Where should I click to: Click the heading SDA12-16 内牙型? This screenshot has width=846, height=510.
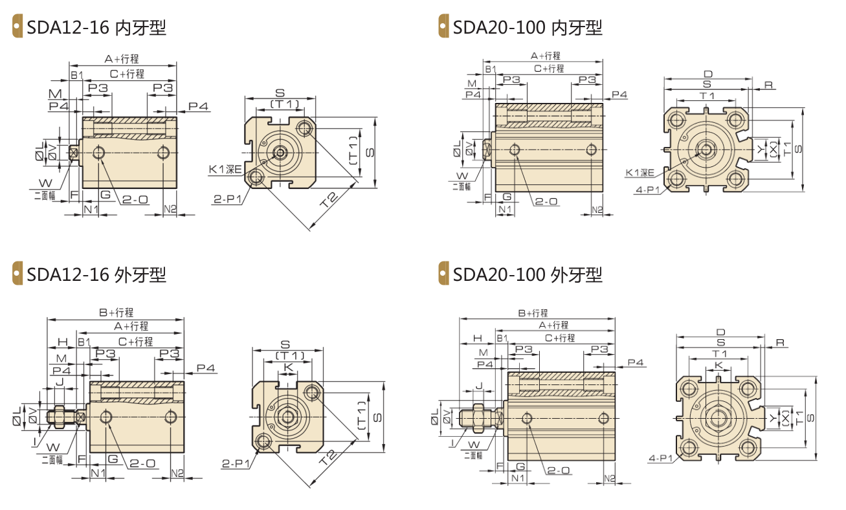96,28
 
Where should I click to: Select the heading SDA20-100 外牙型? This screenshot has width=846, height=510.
528,274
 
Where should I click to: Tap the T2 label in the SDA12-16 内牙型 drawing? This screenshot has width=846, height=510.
328,200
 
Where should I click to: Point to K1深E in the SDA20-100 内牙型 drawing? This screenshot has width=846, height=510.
640,173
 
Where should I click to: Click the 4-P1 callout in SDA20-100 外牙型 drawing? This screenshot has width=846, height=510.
661,458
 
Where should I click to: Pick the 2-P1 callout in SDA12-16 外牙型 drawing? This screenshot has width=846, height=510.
236,463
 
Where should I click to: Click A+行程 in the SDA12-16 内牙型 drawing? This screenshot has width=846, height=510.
122,59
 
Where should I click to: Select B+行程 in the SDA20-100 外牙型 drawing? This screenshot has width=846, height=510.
533,313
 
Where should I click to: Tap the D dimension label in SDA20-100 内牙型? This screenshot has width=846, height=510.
708,74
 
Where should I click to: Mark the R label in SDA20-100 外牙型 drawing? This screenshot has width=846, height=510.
780,342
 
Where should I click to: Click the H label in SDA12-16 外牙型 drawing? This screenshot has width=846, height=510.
63,342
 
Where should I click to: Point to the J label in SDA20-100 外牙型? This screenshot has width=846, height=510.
479,386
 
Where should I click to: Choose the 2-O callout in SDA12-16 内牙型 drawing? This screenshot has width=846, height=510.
135,199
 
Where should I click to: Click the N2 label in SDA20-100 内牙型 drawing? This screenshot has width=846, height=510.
597,210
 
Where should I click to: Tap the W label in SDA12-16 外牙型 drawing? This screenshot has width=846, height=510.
53,447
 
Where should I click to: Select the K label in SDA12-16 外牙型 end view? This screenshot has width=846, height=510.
288,366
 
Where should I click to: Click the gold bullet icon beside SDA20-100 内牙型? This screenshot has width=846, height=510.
443,26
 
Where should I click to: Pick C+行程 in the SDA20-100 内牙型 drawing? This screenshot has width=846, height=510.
549,69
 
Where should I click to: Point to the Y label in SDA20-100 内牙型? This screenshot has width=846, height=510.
761,150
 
